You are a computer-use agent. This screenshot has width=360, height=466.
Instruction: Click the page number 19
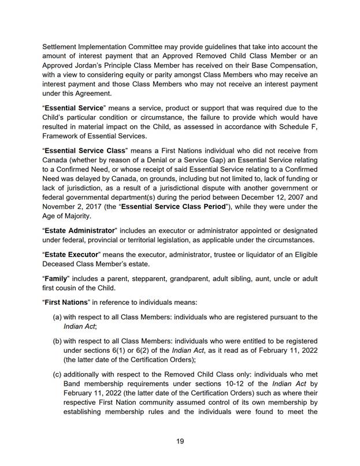(x=180, y=441)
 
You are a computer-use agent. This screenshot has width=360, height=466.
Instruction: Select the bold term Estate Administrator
(x=79, y=230)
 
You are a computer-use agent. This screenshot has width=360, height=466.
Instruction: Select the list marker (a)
(x=58, y=317)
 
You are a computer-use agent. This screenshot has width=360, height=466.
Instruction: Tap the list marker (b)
(x=58, y=341)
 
